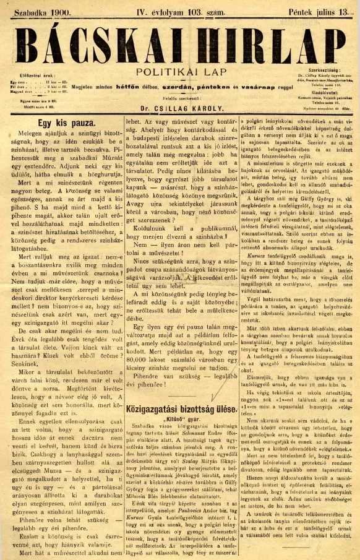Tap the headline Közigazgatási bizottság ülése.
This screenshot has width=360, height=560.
[181, 409]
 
